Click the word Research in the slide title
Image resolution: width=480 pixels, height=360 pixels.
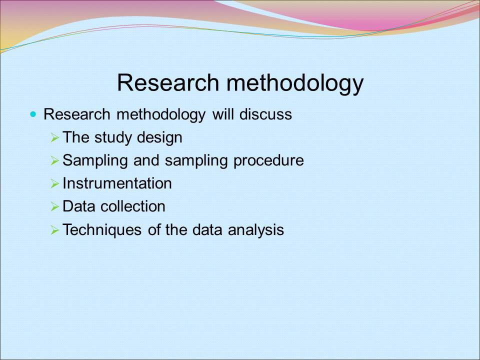tap(168, 82)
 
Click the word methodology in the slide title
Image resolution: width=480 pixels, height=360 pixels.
tap(295, 84)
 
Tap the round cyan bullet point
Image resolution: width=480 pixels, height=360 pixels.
tap(33, 114)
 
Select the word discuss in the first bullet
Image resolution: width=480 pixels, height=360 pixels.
tap(265, 114)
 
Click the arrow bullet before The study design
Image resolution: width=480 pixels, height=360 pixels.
tap(54, 137)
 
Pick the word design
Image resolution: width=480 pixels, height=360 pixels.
tap(159, 138)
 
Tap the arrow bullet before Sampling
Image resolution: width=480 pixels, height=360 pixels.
tap(54, 160)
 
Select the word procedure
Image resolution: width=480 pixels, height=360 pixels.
tap(268, 160)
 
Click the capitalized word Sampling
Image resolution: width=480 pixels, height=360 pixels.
tap(95, 160)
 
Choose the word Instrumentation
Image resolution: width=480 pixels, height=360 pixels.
tap(117, 183)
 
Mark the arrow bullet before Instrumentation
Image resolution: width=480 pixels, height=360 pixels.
tap(54, 183)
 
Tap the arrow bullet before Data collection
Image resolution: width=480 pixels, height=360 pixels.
tap(54, 206)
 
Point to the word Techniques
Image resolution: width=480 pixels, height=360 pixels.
tap(102, 229)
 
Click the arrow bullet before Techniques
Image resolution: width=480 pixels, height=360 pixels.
tap(54, 230)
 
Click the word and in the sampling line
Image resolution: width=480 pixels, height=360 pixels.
tap(146, 160)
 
